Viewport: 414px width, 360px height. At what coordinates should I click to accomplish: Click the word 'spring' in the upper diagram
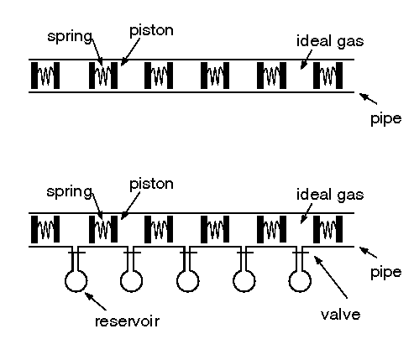(70, 37)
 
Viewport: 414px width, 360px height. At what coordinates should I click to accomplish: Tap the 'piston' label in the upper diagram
(151, 30)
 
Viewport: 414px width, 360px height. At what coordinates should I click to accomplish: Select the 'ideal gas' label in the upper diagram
(330, 41)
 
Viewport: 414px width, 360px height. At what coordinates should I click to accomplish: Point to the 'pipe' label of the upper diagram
(386, 119)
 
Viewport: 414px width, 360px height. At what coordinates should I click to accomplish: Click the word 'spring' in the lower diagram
(69, 192)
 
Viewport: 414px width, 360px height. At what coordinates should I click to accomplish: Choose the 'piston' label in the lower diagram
(151, 185)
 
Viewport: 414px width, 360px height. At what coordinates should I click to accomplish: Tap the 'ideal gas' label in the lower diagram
(330, 195)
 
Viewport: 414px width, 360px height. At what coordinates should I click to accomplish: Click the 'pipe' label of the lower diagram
(386, 273)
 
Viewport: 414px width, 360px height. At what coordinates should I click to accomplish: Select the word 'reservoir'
(128, 321)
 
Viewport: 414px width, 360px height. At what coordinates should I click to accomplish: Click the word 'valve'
(341, 315)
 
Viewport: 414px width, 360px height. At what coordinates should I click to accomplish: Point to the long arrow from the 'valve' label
(331, 277)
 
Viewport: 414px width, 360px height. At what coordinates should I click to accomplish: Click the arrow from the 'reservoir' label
(96, 301)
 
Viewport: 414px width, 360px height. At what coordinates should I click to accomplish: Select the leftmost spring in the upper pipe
(45, 76)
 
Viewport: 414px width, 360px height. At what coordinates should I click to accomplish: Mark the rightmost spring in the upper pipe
(328, 76)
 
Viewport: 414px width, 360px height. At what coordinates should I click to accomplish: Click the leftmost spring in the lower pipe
(45, 229)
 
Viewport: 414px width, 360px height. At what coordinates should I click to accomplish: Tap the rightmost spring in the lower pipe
(328, 229)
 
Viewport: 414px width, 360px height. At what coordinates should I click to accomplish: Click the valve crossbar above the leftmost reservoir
(76, 253)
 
